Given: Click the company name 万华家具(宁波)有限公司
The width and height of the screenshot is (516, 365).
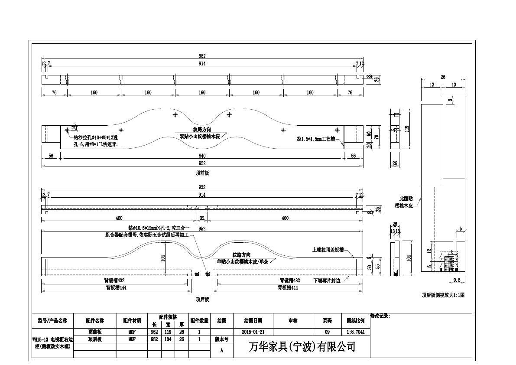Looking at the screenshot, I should (x=302, y=347).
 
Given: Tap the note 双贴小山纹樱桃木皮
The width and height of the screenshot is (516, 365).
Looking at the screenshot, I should (x=200, y=136).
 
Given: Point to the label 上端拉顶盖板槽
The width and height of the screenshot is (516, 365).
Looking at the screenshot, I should (x=328, y=250).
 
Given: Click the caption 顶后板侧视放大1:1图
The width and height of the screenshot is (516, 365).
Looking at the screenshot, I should (x=443, y=295).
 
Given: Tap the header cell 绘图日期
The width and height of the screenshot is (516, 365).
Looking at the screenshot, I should (x=253, y=321).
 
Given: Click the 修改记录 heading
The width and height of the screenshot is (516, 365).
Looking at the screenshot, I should (x=380, y=316).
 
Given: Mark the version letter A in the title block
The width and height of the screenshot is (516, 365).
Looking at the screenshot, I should (x=221, y=351).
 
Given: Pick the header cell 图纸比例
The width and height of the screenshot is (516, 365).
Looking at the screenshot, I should (x=355, y=321).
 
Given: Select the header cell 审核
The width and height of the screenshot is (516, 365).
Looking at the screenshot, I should (x=293, y=321).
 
